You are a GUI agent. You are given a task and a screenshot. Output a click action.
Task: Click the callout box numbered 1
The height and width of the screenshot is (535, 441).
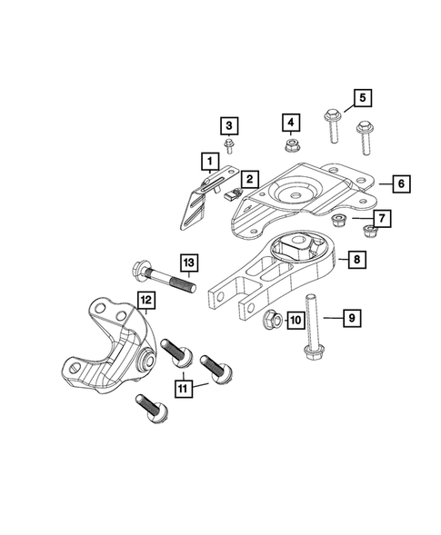(210, 163)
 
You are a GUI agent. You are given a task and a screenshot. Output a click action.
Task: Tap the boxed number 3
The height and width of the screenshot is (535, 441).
(228, 125)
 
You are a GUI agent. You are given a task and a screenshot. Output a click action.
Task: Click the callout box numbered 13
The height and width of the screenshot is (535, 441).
(186, 263)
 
